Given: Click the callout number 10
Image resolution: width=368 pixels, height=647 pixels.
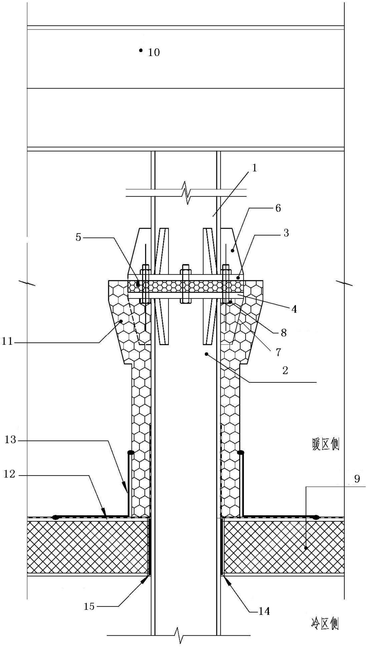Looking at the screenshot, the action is [x=154, y=52].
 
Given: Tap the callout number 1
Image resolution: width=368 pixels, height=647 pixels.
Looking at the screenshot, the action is [x=255, y=168].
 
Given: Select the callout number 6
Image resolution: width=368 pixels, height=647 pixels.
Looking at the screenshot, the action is [x=278, y=208].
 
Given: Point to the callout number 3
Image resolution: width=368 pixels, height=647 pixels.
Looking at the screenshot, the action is [x=286, y=233].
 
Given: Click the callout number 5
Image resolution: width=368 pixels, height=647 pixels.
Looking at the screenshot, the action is [x=78, y=237].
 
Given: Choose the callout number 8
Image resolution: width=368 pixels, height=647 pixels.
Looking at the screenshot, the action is [x=284, y=333].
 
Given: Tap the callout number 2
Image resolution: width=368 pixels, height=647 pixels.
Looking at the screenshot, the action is [x=285, y=371].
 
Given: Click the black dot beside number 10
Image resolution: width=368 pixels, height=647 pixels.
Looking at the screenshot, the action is [x=141, y=50].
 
